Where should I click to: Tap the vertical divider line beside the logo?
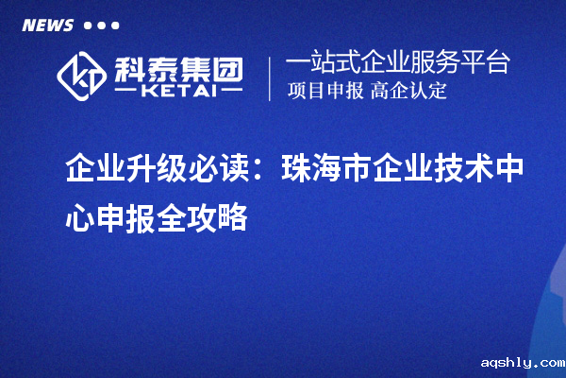tap(271, 78)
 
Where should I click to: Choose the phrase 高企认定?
tap(408, 92)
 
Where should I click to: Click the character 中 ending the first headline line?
tap(509, 170)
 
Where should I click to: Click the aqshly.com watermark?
tap(521, 362)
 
